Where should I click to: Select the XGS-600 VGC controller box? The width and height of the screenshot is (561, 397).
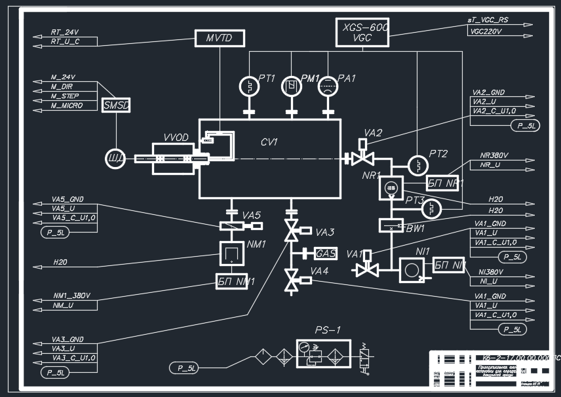click(362, 32)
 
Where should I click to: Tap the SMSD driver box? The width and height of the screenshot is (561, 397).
click(117, 105)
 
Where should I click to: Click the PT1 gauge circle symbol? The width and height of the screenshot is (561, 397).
click(249, 86)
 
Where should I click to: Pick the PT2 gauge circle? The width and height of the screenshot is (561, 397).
click(417, 164)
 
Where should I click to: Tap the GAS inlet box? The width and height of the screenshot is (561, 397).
click(326, 254)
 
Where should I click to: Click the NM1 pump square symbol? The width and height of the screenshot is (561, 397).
click(231, 252)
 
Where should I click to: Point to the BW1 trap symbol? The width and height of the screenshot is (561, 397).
click(392, 225)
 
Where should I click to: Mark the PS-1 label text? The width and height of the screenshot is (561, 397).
click(328, 330)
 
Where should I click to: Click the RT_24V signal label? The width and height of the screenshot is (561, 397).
click(64, 31)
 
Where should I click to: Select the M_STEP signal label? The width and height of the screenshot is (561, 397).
click(65, 96)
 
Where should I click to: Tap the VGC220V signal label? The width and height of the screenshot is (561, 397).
click(486, 31)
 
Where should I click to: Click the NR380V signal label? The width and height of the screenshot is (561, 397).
click(494, 156)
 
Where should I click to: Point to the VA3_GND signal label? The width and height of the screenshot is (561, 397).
click(68, 339)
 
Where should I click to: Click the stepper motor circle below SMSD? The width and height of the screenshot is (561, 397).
click(116, 159)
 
